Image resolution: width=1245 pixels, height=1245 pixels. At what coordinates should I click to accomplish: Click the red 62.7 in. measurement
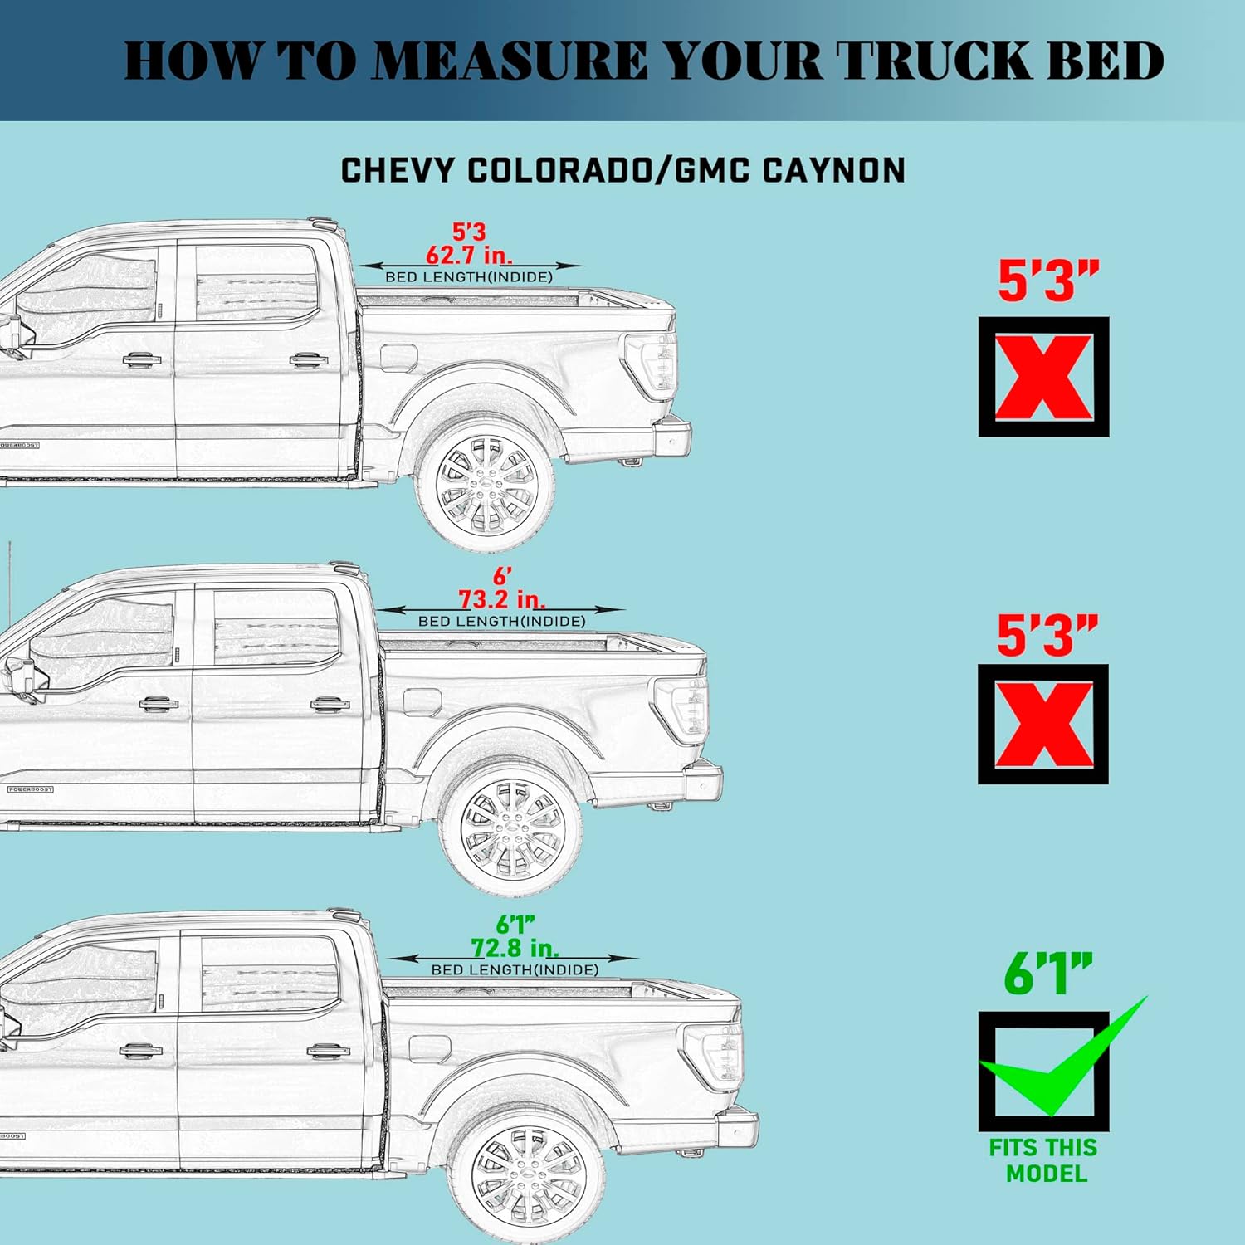click(469, 254)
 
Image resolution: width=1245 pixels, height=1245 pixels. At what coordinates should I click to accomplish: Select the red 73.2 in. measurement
click(502, 598)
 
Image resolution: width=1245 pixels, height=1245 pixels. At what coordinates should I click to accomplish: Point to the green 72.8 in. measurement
click(515, 947)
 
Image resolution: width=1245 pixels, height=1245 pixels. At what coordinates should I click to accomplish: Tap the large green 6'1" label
click(1047, 974)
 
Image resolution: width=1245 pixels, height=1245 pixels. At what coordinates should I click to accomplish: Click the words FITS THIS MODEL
click(1044, 1160)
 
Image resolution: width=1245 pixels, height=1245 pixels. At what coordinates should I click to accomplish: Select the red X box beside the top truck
click(1043, 377)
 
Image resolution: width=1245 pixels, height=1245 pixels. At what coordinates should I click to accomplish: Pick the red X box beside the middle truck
click(1043, 724)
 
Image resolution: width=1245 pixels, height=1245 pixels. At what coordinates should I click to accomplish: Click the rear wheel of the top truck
click(485, 486)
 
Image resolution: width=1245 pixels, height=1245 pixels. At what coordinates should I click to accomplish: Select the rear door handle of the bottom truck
click(329, 1051)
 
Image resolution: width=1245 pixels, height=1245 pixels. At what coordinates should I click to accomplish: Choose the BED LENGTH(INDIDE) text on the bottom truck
click(515, 969)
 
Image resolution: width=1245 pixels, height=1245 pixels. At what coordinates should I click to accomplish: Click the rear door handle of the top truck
click(309, 360)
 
